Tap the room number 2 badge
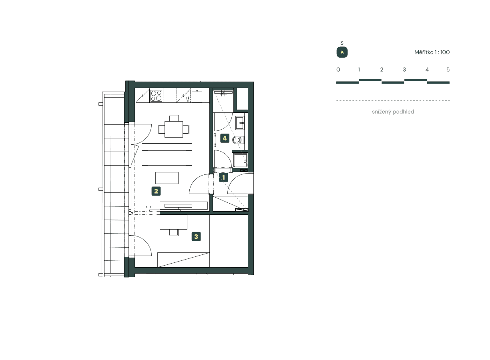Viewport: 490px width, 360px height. point(156,191)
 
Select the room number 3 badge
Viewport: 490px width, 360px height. point(196,236)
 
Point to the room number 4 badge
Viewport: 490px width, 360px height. point(225,138)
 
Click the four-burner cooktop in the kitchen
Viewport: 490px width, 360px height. point(156,96)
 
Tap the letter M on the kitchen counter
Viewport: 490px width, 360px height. point(187,99)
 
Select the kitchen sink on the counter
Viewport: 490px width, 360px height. point(197,96)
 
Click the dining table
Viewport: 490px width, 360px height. point(174,129)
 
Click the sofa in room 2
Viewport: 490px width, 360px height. point(167,155)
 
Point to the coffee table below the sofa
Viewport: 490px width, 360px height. point(167,178)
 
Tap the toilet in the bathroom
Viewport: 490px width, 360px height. point(238,140)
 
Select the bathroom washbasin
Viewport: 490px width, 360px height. point(240,122)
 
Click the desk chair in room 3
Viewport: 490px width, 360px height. point(174,232)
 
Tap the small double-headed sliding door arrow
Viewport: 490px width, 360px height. point(149,207)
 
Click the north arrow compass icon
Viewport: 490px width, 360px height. point(342,52)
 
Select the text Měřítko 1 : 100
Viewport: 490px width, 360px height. point(432,52)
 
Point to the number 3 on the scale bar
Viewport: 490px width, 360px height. point(404,70)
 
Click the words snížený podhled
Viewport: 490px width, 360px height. point(393,112)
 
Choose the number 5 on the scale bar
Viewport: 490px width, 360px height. point(448,70)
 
